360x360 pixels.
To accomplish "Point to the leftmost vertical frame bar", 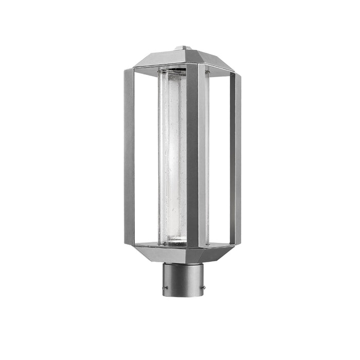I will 129,154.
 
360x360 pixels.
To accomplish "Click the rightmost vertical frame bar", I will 235,154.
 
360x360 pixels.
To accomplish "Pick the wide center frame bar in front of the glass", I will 192,154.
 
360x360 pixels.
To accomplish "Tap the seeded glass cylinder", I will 172,154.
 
